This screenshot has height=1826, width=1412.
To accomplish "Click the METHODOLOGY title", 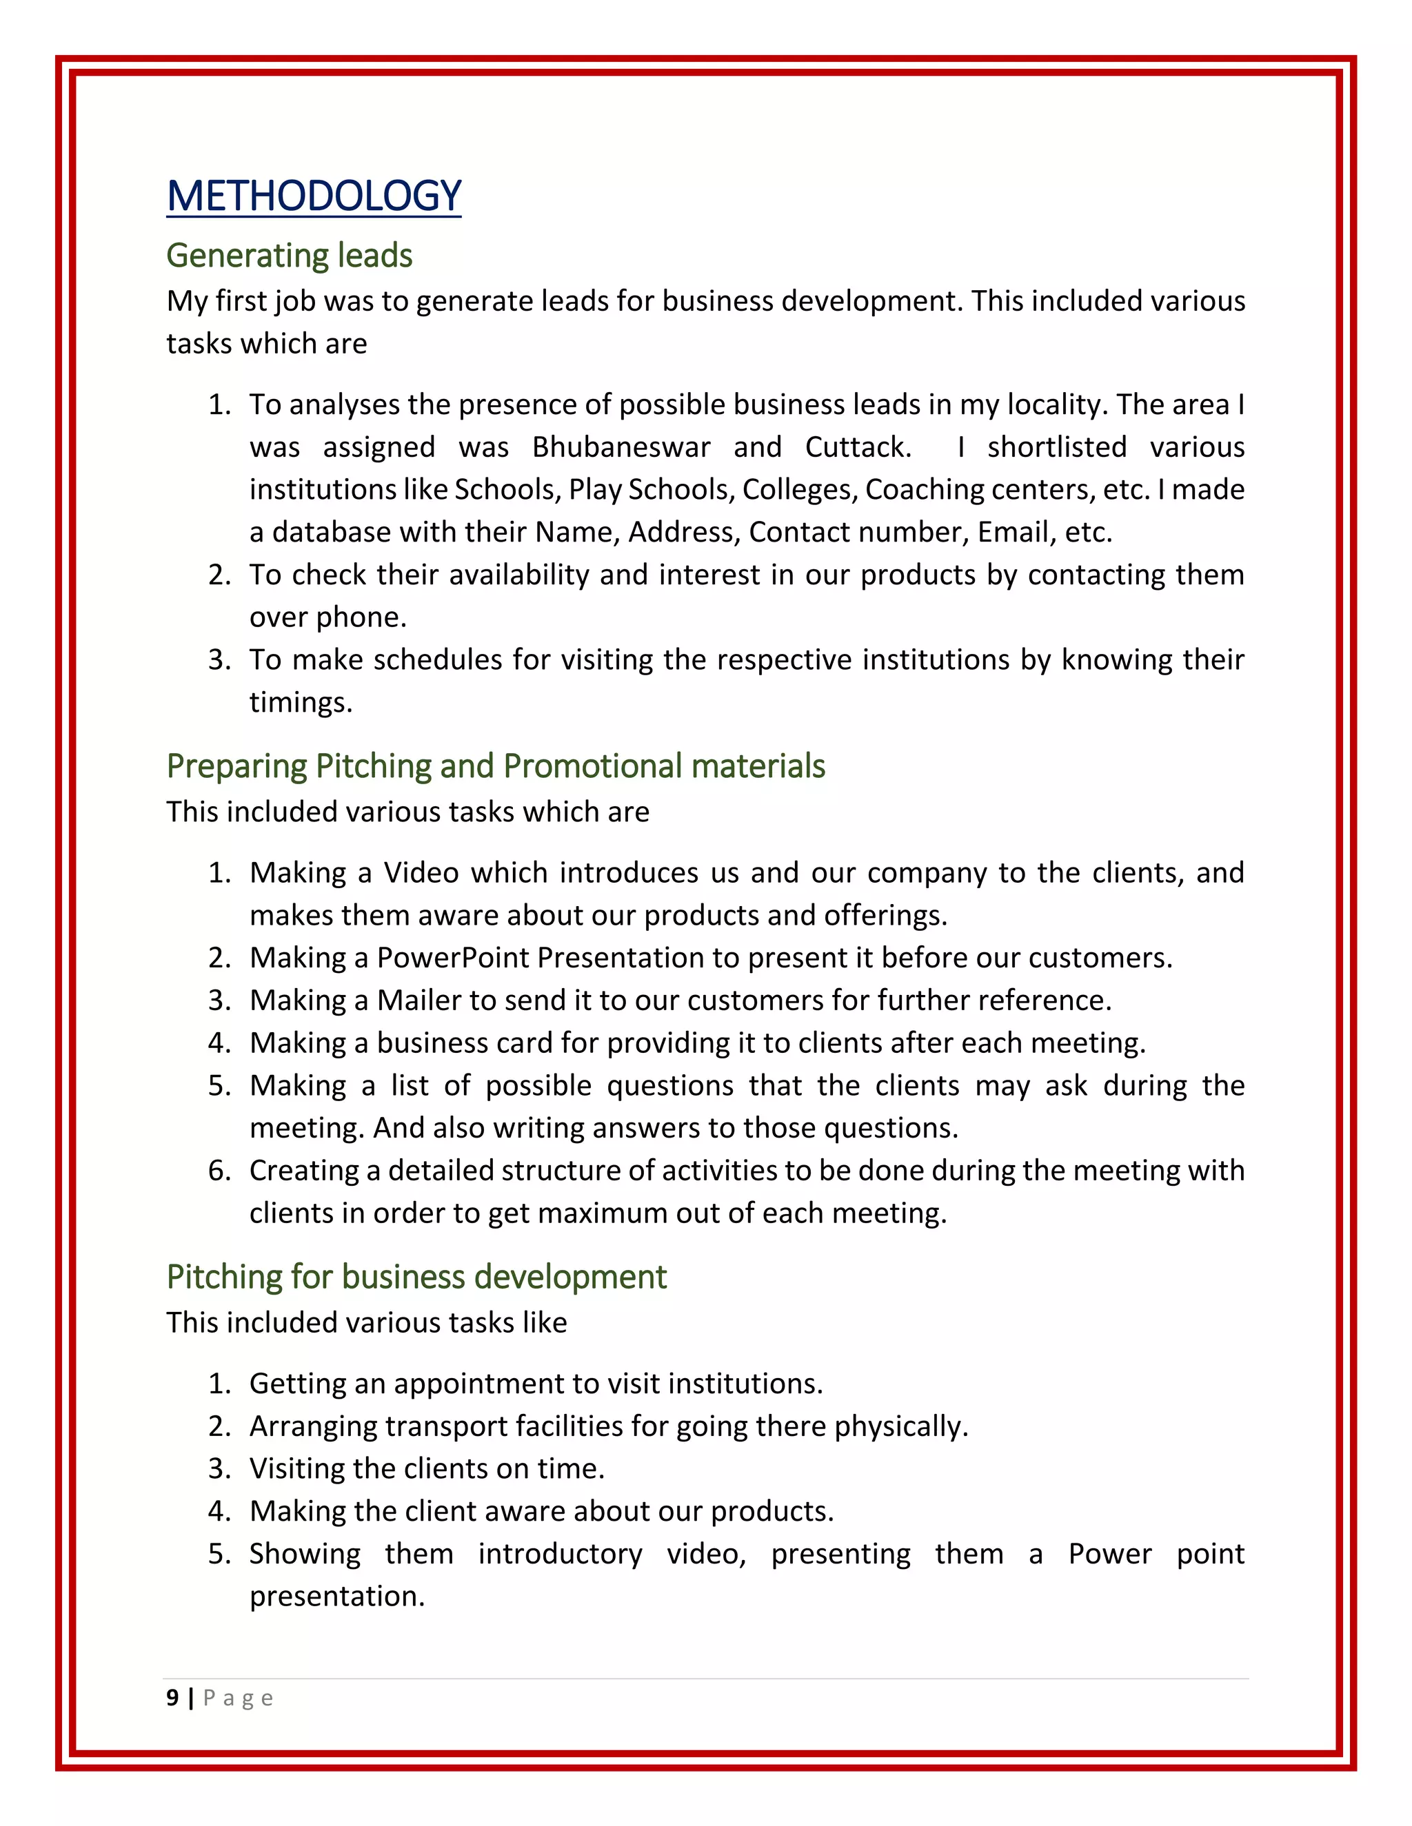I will [x=314, y=196].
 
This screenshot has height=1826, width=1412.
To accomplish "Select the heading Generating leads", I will [x=290, y=256].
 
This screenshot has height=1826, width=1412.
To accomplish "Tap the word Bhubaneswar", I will [x=621, y=447].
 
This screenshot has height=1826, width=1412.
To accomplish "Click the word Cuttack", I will [x=858, y=447].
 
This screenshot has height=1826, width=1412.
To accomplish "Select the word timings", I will [x=301, y=703].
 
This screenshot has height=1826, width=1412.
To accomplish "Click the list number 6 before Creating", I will [x=219, y=1171].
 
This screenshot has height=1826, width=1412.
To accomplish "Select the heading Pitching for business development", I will [x=416, y=1278].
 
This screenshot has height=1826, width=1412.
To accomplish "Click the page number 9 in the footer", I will [x=172, y=1698].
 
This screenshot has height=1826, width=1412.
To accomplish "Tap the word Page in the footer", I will [x=239, y=1698].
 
